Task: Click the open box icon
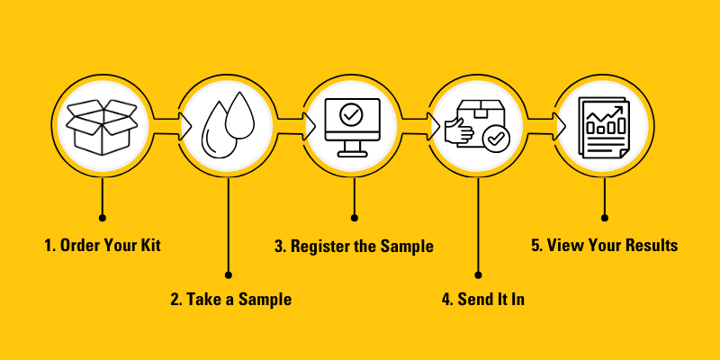(x=103, y=126)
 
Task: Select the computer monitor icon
(x=353, y=126)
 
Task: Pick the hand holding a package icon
(x=477, y=128)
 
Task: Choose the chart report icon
(x=603, y=128)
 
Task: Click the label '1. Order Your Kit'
(x=103, y=245)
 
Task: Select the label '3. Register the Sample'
(x=354, y=246)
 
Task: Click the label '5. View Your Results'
(x=604, y=245)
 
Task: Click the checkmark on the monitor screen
(x=353, y=116)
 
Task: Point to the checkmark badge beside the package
(x=494, y=139)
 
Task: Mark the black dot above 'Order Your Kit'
(x=103, y=218)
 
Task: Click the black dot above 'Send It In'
(x=478, y=274)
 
